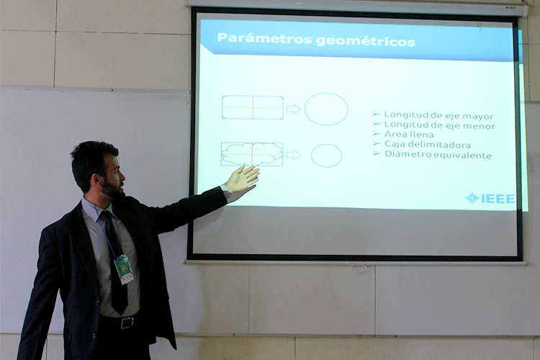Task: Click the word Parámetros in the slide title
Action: tap(264, 38)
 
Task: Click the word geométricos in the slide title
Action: tap(365, 41)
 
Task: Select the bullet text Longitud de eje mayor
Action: tap(438, 115)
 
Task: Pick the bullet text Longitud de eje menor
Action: tap(439, 125)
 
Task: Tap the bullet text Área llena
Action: tap(409, 134)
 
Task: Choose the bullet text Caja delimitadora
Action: tap(428, 144)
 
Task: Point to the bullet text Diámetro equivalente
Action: tap(438, 154)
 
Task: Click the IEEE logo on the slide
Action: tap(490, 198)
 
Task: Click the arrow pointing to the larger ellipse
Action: tap(294, 109)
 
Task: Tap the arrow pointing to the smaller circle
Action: tap(294, 155)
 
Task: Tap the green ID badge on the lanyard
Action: tap(124, 269)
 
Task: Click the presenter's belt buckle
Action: tap(127, 323)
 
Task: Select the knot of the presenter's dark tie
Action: tap(107, 216)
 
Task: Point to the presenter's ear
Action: tap(95, 180)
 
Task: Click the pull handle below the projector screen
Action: tap(358, 268)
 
